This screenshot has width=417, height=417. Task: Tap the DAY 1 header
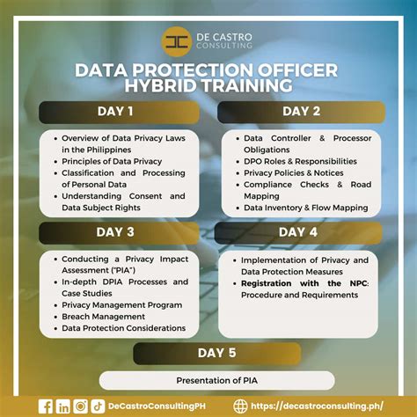coord(116,112)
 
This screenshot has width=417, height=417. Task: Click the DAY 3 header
coord(116,232)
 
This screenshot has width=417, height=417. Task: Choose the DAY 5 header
coord(216,353)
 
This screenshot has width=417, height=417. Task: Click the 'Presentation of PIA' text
coord(216,380)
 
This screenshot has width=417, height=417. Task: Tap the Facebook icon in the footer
coord(46,406)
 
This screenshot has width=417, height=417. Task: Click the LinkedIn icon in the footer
coord(63,406)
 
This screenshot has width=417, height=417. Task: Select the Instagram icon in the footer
coord(81,406)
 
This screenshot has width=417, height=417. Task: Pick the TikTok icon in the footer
coord(98,406)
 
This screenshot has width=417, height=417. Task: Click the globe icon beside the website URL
coord(241,406)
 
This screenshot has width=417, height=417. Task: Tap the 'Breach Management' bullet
coord(103,316)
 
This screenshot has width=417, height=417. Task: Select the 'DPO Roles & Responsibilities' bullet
coord(300,161)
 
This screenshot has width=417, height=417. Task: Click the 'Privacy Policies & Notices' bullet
coord(294,173)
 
